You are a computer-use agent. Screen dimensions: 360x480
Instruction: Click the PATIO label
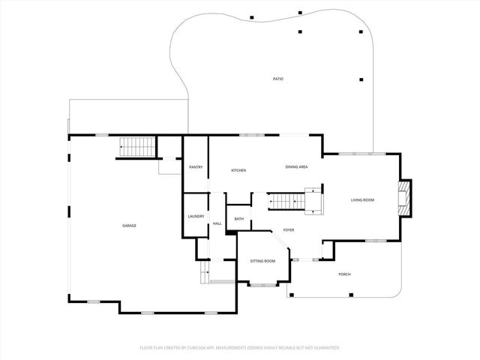pyautogui.click(x=277, y=79)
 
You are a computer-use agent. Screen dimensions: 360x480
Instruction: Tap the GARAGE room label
pyautogui.click(x=129, y=226)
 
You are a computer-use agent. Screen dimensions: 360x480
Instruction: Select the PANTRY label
pyautogui.click(x=196, y=167)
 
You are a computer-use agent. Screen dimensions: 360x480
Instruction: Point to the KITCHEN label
pyautogui.click(x=238, y=171)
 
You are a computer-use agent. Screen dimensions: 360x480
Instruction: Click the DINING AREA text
pyautogui.click(x=296, y=166)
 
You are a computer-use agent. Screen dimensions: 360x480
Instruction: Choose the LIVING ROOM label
pyautogui.click(x=362, y=200)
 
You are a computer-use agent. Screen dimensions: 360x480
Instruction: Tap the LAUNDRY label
pyautogui.click(x=196, y=217)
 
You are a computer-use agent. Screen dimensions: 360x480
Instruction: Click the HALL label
pyautogui.click(x=217, y=223)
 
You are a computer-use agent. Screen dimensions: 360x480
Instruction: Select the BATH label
pyautogui.click(x=238, y=219)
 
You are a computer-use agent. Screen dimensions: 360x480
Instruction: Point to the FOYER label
pyautogui.click(x=288, y=230)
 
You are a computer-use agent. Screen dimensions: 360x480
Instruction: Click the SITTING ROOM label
pyautogui.click(x=262, y=261)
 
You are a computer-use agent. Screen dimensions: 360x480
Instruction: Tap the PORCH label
pyautogui.click(x=344, y=274)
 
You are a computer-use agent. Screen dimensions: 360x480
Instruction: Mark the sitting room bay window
pyautogui.click(x=262, y=284)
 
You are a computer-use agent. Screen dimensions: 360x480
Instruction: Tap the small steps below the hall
pyautogui.click(x=203, y=274)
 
